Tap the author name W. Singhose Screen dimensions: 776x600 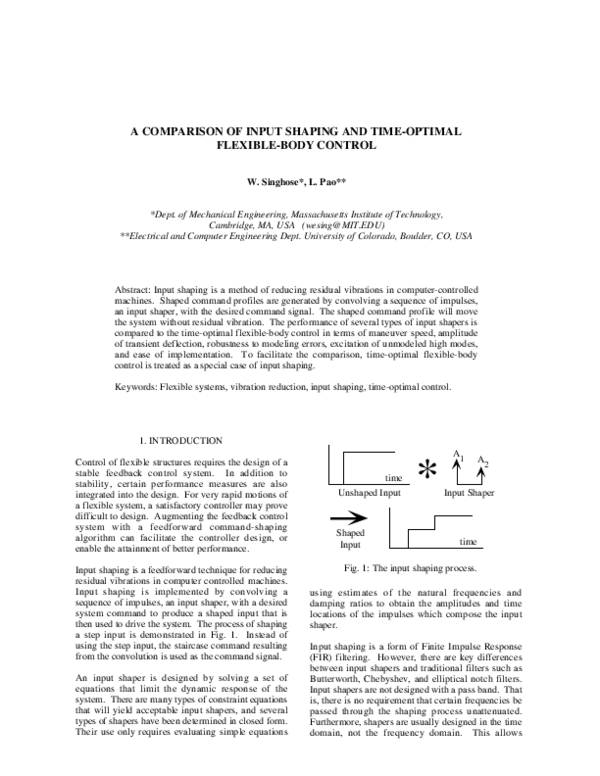(272, 182)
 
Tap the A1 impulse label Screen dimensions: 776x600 (457, 456)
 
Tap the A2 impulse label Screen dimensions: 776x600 (484, 462)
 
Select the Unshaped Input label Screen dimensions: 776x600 (369, 494)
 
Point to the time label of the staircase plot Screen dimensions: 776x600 (470, 540)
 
